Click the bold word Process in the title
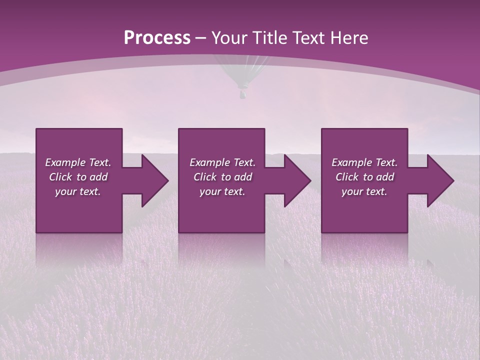(x=157, y=38)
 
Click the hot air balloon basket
(x=242, y=93)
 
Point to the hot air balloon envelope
(x=242, y=70)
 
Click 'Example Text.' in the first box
(x=78, y=162)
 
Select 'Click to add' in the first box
(x=78, y=177)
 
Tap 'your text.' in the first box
(x=78, y=191)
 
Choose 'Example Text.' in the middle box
(x=222, y=162)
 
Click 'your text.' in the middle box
(x=222, y=191)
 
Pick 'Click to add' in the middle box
(x=222, y=177)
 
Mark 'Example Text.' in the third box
(x=364, y=162)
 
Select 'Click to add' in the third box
(x=364, y=177)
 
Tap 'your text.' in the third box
(x=364, y=191)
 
